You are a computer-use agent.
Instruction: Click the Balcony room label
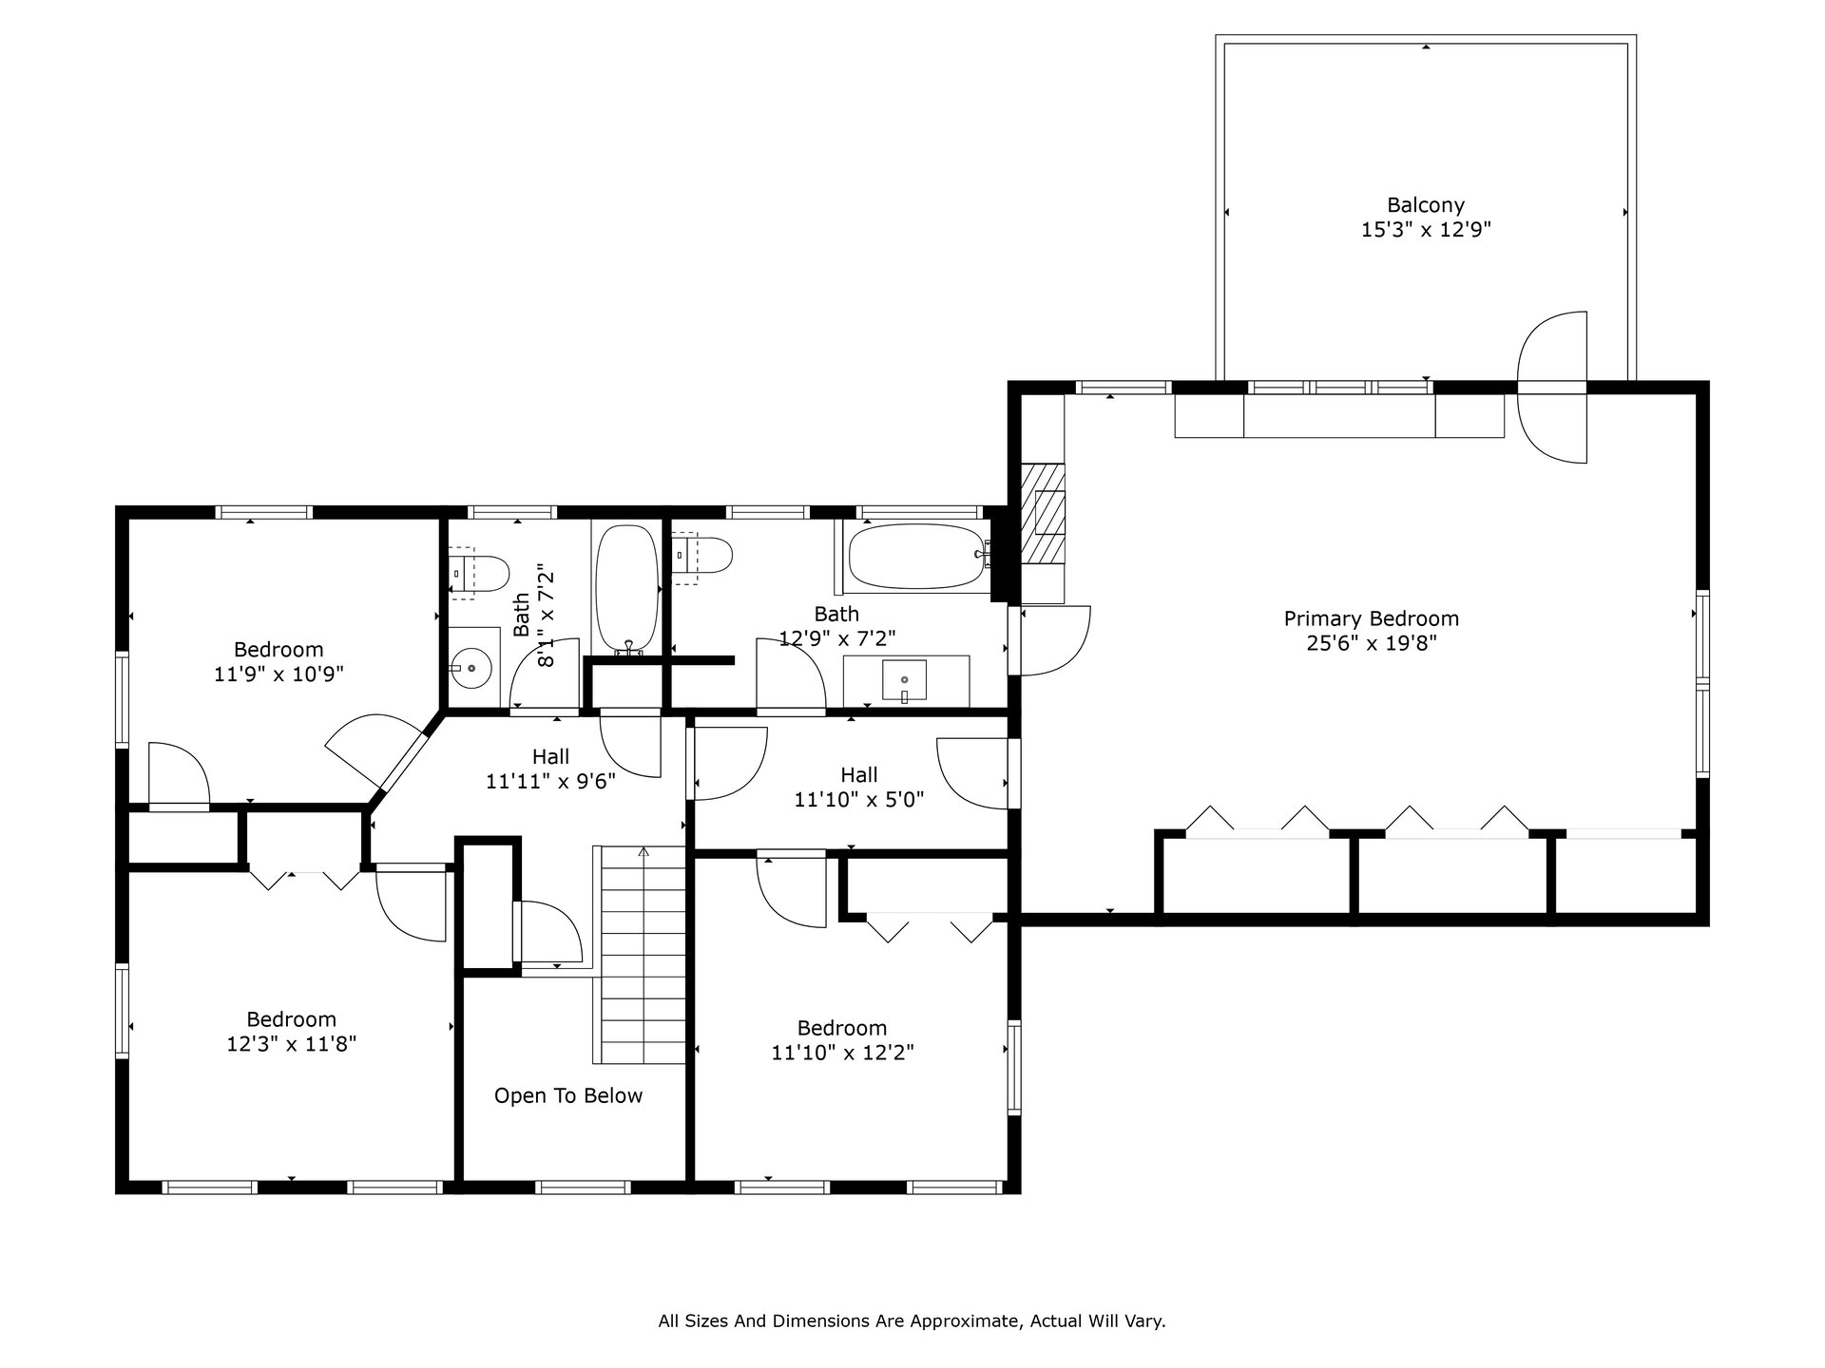point(1425,204)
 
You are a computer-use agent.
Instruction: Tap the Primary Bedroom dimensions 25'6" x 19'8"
point(1371,643)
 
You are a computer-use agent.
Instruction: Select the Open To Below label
point(568,1095)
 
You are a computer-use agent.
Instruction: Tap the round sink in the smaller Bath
point(472,668)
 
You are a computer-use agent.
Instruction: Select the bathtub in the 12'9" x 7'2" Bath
point(914,556)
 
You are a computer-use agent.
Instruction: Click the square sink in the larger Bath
point(905,681)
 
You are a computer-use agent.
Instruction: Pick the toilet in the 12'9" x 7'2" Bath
point(702,555)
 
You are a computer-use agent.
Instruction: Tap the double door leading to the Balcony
point(1552,388)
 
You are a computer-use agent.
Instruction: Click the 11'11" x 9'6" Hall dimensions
point(550,782)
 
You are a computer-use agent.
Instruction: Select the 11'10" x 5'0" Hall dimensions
point(858,800)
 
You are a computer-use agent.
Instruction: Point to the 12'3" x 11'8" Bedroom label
point(291,1019)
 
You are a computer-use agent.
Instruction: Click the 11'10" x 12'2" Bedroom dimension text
point(842,1053)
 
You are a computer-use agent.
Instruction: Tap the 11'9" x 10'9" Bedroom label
point(279,650)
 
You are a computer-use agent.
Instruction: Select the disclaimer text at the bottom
point(912,1320)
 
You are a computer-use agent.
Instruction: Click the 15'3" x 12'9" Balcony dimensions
point(1426,229)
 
